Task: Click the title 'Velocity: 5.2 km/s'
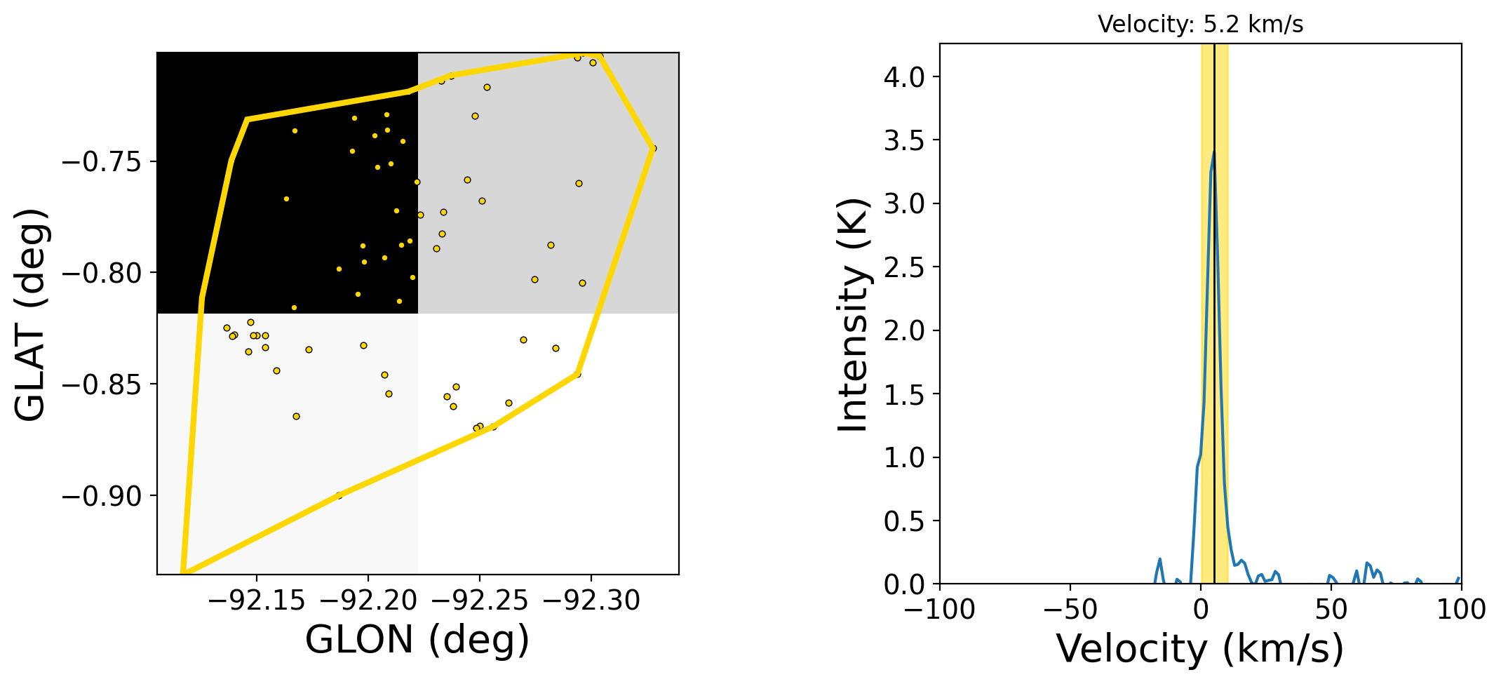pos(1200,25)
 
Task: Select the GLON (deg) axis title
pos(417,639)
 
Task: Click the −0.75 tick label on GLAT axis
pos(102,162)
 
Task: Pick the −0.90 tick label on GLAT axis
pos(102,496)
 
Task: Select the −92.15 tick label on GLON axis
pos(257,601)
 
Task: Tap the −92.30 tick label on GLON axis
pos(591,601)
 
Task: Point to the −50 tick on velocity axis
pos(1070,609)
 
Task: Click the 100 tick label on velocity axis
pos(1461,609)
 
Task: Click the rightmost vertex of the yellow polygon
pos(654,148)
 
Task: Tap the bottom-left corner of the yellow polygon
pos(182,572)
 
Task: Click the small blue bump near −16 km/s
pos(1160,559)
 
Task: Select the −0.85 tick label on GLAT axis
pos(102,384)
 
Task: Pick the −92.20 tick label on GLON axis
pos(368,601)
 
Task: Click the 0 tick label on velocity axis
pos(1201,609)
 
